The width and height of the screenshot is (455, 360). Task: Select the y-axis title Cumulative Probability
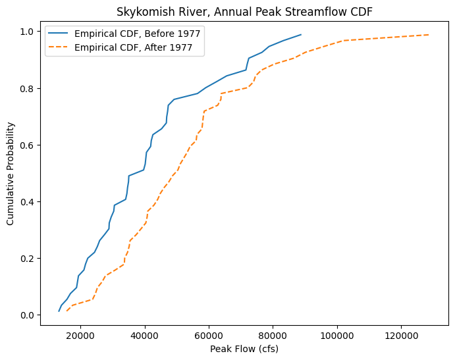pyautogui.click(x=11, y=172)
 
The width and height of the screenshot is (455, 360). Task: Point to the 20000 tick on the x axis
pyautogui.click(x=80, y=335)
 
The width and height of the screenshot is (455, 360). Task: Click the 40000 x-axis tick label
pyautogui.click(x=145, y=335)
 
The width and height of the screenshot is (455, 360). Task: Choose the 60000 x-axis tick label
pyautogui.click(x=209, y=335)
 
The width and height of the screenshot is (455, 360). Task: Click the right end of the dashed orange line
pyautogui.click(x=429, y=35)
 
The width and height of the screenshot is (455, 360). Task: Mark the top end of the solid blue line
pyautogui.click(x=301, y=35)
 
